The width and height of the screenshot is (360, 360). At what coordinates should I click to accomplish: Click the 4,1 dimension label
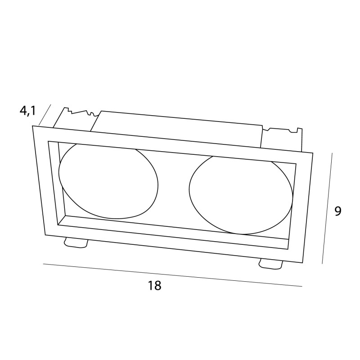(28, 111)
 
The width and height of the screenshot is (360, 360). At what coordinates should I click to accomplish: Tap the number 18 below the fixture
(154, 285)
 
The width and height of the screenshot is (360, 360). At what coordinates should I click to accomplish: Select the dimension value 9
(337, 211)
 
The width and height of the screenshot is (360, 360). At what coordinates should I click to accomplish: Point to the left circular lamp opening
(108, 181)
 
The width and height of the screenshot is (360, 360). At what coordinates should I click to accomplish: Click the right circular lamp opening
(241, 195)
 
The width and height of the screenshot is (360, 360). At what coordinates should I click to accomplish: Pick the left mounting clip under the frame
(76, 243)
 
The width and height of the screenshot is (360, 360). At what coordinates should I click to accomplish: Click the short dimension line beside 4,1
(45, 115)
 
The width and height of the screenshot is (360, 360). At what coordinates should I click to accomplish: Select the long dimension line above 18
(173, 275)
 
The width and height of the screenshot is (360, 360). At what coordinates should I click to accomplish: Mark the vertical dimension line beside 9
(327, 208)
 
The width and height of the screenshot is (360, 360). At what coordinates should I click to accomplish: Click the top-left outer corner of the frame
(32, 126)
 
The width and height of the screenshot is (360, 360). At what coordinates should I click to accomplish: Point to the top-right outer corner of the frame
(313, 153)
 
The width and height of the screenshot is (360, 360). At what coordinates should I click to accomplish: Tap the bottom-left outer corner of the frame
(45, 235)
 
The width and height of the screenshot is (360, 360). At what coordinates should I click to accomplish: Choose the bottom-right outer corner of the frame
(302, 263)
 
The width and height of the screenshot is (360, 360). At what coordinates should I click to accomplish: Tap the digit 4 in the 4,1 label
(24, 111)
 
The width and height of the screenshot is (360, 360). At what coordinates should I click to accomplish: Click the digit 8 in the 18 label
(157, 285)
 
